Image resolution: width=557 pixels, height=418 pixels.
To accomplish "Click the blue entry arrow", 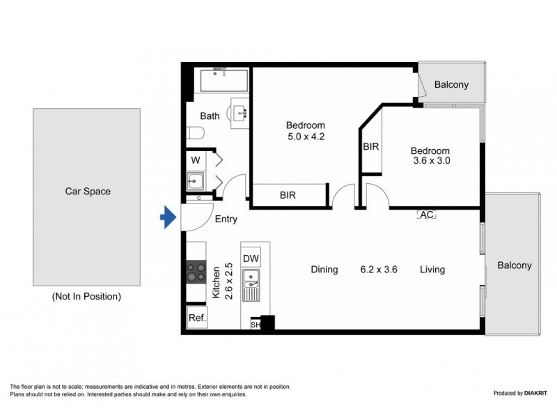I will [x=168, y=218].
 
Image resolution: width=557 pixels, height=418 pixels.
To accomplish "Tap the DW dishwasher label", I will [x=251, y=258].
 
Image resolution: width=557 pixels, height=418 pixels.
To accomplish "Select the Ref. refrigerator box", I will [x=196, y=318].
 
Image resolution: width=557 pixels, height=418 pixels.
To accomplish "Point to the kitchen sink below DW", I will [x=251, y=284].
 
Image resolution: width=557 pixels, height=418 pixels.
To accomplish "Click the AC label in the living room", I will [x=426, y=215].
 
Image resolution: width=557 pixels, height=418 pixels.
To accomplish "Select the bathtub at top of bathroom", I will [x=223, y=80].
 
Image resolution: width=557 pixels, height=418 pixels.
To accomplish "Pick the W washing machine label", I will [x=195, y=160].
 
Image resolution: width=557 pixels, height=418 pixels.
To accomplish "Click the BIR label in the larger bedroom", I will [x=288, y=196].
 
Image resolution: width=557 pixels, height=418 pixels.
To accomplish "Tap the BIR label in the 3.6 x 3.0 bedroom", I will [x=370, y=147].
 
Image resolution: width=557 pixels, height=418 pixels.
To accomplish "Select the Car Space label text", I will [x=88, y=191].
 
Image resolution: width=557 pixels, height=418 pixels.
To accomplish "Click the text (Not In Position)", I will [x=86, y=296].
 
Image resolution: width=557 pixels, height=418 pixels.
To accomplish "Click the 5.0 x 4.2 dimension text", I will [x=306, y=137].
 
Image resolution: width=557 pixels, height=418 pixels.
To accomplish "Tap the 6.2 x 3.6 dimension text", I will [x=379, y=270].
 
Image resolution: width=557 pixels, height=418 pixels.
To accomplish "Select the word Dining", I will [x=324, y=270].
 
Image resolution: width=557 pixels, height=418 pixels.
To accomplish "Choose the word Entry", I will [x=226, y=219].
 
